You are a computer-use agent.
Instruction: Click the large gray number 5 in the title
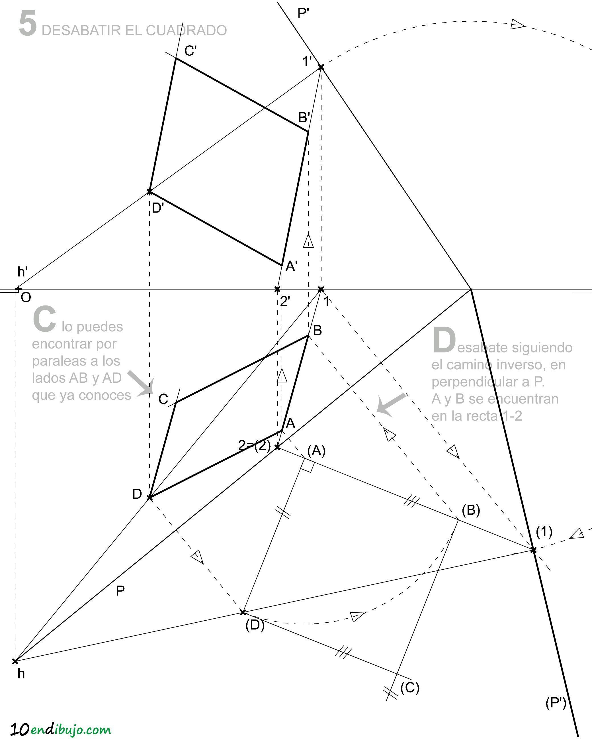coord(28,24)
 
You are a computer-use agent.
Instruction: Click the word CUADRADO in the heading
coord(187,30)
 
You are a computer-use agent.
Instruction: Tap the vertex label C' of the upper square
coord(190,51)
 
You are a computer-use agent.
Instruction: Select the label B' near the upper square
coord(304,118)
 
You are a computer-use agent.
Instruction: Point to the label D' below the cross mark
coord(158,208)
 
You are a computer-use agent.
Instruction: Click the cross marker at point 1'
coord(321,67)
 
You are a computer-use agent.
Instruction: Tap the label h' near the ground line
coord(22,272)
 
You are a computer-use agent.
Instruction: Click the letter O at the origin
coord(26,297)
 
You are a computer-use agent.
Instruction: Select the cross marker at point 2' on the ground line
coord(277,289)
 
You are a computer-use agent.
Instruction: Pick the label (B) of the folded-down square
coord(471,510)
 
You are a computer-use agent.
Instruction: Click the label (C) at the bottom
coord(410,687)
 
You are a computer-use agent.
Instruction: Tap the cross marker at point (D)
coord(243,612)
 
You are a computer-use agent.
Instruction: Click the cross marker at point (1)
coord(533,550)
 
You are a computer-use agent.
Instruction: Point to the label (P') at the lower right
coord(556,703)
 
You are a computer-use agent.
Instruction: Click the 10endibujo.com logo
coord(61,730)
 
